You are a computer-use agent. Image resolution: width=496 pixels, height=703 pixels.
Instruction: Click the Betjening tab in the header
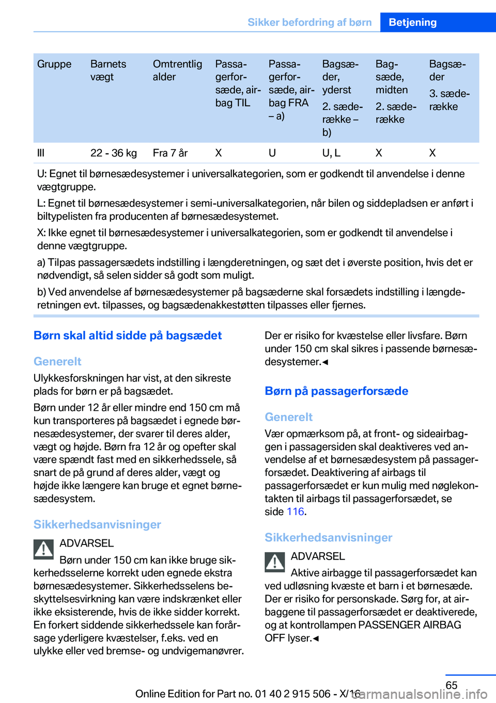[x=412, y=22]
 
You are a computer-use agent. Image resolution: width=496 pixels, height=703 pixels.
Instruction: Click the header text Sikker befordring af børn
[x=309, y=22]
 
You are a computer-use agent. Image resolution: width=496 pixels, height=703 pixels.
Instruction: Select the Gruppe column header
[x=54, y=64]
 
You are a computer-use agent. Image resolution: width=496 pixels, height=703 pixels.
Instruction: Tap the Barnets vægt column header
[x=108, y=70]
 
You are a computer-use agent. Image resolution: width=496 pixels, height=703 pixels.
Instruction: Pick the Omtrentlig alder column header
[x=177, y=70]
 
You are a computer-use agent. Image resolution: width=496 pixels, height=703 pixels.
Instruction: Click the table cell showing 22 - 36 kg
[x=114, y=153]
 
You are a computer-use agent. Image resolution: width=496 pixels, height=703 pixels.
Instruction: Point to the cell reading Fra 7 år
[x=170, y=153]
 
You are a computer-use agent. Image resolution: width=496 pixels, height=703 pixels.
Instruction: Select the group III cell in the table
[x=41, y=153]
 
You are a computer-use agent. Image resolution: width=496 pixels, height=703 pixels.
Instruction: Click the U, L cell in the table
[x=331, y=153]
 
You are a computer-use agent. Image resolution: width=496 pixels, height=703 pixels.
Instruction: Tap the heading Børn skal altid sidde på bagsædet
[x=128, y=335]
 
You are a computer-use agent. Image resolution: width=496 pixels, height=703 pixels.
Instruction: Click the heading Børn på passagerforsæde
[x=336, y=391]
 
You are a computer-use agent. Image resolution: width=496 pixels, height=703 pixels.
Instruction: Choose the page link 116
[x=295, y=512]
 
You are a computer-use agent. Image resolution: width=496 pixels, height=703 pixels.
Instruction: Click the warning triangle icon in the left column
[x=44, y=549]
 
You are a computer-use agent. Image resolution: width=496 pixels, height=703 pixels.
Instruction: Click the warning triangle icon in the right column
[x=275, y=562]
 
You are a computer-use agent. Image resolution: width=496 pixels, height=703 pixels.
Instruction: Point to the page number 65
[x=451, y=685]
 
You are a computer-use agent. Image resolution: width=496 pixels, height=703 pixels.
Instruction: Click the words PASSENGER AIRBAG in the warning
[x=409, y=625]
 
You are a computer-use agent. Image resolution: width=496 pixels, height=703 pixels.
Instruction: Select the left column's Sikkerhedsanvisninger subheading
[x=97, y=524]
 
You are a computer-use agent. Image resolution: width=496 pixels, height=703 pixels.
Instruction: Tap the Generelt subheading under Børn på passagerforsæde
[x=288, y=417]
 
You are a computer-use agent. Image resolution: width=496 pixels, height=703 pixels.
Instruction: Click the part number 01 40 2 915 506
[x=292, y=694]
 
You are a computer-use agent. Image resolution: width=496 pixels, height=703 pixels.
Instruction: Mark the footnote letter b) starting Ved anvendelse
[x=41, y=292]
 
